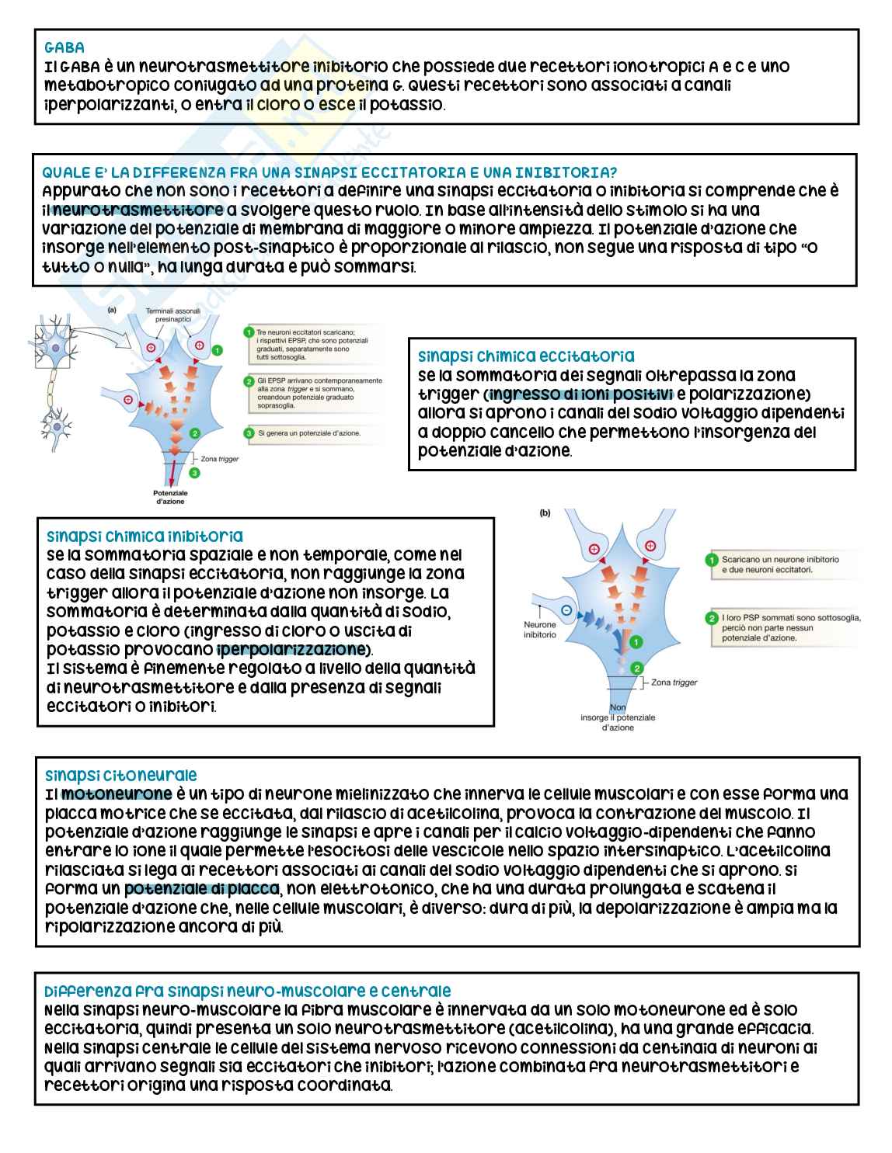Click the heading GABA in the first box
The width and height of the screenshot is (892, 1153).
click(x=65, y=48)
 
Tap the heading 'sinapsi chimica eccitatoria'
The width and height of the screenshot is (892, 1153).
click(x=526, y=357)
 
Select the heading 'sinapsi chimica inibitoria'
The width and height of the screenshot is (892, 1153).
click(x=145, y=537)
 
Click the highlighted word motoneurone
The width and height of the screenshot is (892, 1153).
click(x=117, y=794)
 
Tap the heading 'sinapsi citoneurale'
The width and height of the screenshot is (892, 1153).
click(x=120, y=776)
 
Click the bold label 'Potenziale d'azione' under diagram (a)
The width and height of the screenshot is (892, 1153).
click(x=170, y=498)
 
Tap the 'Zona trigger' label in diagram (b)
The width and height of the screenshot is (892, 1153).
click(x=674, y=682)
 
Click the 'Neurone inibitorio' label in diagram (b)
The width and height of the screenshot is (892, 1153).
click(x=539, y=630)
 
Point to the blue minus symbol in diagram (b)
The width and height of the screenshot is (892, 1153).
click(x=567, y=610)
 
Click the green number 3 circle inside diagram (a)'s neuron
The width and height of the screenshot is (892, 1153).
click(x=195, y=472)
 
